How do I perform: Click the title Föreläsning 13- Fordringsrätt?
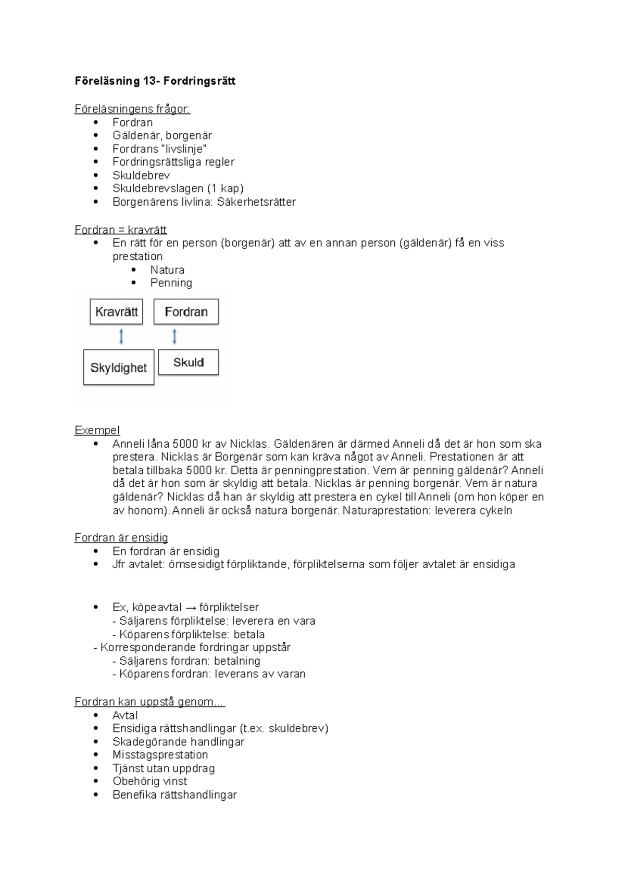pyautogui.click(x=155, y=81)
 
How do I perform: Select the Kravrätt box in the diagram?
pyautogui.click(x=117, y=312)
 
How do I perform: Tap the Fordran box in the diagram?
pyautogui.click(x=186, y=312)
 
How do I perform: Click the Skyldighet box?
pyautogui.click(x=119, y=368)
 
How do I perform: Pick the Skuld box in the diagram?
pyautogui.click(x=188, y=362)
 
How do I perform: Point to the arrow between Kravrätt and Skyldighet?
pyautogui.click(x=121, y=337)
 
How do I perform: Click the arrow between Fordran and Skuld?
pyautogui.click(x=174, y=336)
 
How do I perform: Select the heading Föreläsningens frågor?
pyautogui.click(x=132, y=109)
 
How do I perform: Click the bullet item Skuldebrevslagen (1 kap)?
pyautogui.click(x=178, y=188)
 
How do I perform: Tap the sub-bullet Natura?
pyautogui.click(x=167, y=270)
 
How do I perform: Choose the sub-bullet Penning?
pyautogui.click(x=171, y=283)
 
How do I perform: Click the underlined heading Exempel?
pyautogui.click(x=97, y=431)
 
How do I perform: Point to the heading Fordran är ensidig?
pyautogui.click(x=121, y=538)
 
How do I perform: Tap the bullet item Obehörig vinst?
pyautogui.click(x=149, y=781)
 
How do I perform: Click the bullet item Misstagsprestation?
pyautogui.click(x=160, y=755)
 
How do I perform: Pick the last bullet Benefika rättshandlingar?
pyautogui.click(x=174, y=795)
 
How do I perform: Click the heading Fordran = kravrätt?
pyautogui.click(x=120, y=230)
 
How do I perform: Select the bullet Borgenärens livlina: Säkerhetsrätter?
pyautogui.click(x=204, y=202)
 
